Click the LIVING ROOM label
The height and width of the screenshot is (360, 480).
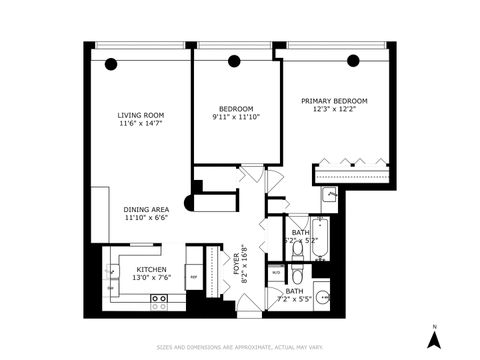[x=140, y=115]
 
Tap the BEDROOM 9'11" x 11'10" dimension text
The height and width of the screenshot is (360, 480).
[x=236, y=117]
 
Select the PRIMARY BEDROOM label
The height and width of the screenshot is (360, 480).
[x=334, y=101]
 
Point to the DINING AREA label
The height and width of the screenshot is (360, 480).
[x=145, y=209]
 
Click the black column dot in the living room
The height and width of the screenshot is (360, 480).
[x=111, y=64]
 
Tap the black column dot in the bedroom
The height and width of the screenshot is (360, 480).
[x=236, y=61]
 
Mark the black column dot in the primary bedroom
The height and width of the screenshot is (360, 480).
[x=353, y=60]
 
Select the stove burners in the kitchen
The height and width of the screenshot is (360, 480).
[x=158, y=299]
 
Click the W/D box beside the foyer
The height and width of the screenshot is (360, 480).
[x=277, y=271]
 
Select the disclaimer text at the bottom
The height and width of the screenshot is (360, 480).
[x=240, y=348]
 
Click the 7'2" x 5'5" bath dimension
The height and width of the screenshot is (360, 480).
[x=296, y=297]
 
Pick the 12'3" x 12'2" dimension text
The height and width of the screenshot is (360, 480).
[x=334, y=110]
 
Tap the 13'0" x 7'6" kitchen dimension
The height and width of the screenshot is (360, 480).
[x=151, y=278]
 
